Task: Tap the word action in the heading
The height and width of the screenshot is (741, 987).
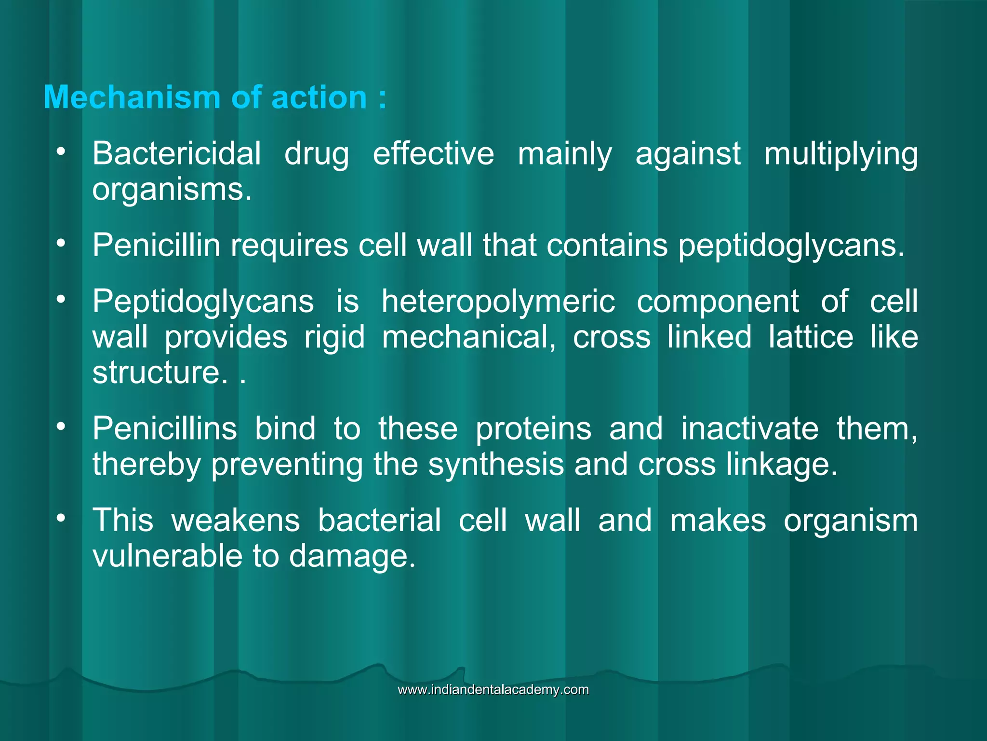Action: click(319, 97)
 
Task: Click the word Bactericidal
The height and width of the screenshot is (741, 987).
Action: click(176, 154)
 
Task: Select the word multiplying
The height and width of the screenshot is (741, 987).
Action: click(841, 155)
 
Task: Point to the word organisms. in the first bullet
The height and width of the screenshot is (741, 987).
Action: click(172, 190)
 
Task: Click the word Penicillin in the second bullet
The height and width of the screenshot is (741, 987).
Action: click(156, 245)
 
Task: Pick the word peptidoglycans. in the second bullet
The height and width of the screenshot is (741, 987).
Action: click(791, 246)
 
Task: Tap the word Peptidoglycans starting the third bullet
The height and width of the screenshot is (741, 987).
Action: click(203, 302)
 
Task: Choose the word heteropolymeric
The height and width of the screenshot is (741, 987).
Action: click(498, 302)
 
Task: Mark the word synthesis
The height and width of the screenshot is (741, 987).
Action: click(496, 465)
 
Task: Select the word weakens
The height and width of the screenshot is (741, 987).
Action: click(236, 521)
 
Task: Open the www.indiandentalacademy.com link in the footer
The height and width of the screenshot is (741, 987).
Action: click(493, 689)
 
